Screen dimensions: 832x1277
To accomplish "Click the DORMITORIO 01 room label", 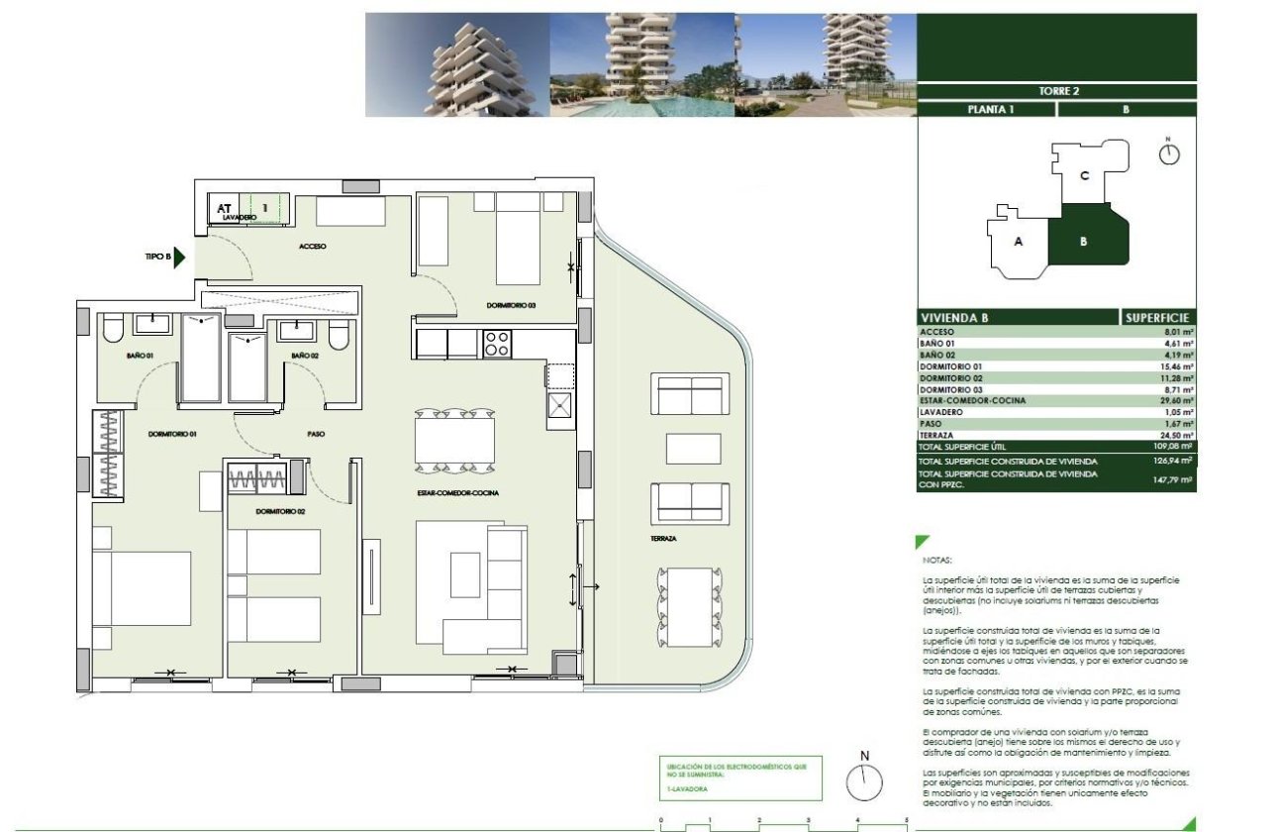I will point(173,434).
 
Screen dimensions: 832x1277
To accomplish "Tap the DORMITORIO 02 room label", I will point(278,511).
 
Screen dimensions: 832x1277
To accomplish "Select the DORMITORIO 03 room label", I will point(510,305).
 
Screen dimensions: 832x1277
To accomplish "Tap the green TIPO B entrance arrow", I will point(179,257).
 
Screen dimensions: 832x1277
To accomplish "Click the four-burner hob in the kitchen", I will point(496,344).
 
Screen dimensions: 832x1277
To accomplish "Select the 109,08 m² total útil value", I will point(1176,447).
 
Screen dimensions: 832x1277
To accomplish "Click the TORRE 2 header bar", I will point(1056,91).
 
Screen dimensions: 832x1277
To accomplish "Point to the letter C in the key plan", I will point(1085,176).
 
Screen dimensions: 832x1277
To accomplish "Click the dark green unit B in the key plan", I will point(1086,238).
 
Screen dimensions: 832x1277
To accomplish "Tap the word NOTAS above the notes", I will point(935,560).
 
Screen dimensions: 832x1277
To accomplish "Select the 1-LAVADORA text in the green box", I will point(689,789).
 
